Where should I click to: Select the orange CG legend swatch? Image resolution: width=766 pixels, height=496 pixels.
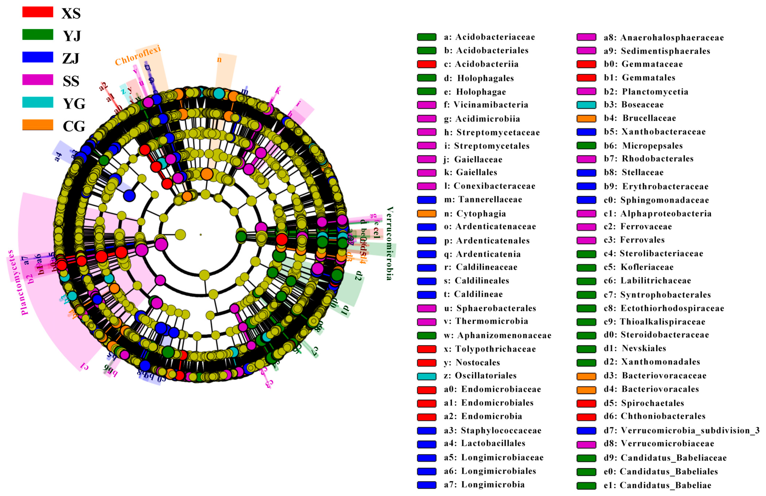(38, 125)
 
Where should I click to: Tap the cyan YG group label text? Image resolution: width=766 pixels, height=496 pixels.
(74, 104)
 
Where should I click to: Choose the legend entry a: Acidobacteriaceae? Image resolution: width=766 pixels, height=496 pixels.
(489, 37)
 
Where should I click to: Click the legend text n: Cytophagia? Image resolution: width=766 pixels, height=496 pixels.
(481, 213)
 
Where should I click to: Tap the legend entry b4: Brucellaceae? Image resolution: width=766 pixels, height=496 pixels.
(649, 118)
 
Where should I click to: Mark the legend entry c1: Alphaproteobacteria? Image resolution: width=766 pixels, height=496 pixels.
(666, 213)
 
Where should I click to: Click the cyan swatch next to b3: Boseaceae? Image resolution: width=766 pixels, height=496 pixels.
(586, 105)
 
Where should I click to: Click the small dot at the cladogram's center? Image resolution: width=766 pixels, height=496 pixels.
(201, 235)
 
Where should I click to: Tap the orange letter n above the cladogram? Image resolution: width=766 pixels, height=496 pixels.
(219, 60)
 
